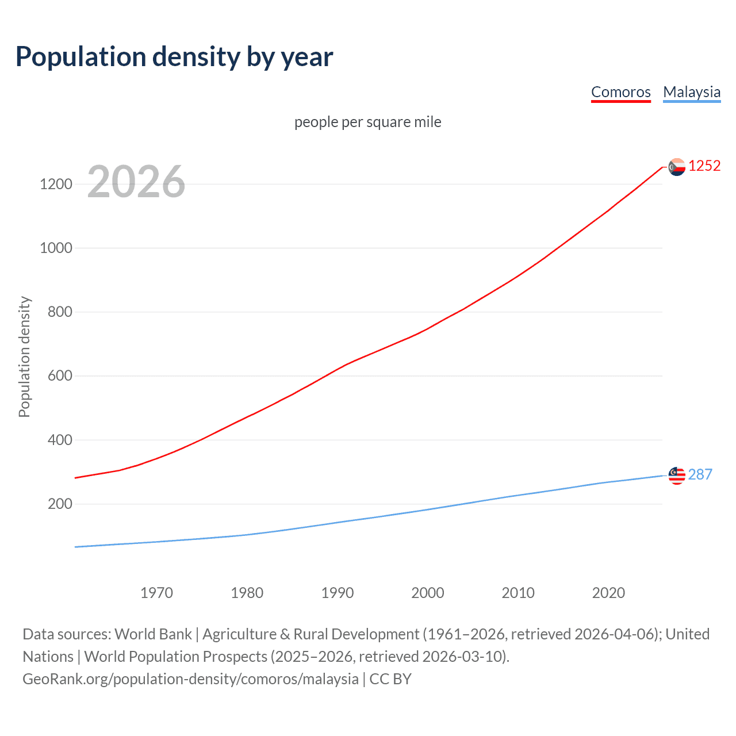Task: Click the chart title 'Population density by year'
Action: [x=174, y=57]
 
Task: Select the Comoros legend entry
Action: [x=620, y=92]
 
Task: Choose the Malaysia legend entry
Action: [x=691, y=92]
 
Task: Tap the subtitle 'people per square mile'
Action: [x=367, y=122]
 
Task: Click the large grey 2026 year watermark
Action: [x=136, y=182]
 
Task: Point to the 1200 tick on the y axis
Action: [x=56, y=184]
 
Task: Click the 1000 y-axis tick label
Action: [x=56, y=248]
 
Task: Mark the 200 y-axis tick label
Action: [x=60, y=504]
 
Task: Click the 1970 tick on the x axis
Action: [x=156, y=593]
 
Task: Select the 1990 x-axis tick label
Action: [x=338, y=593]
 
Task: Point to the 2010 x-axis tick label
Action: [x=518, y=593]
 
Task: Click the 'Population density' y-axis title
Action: [x=24, y=356]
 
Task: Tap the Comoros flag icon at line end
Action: [x=677, y=167]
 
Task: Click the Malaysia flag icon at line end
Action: [x=677, y=476]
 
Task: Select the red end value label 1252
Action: [x=704, y=166]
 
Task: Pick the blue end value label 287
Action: [x=700, y=474]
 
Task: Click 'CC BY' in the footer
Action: [x=390, y=679]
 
